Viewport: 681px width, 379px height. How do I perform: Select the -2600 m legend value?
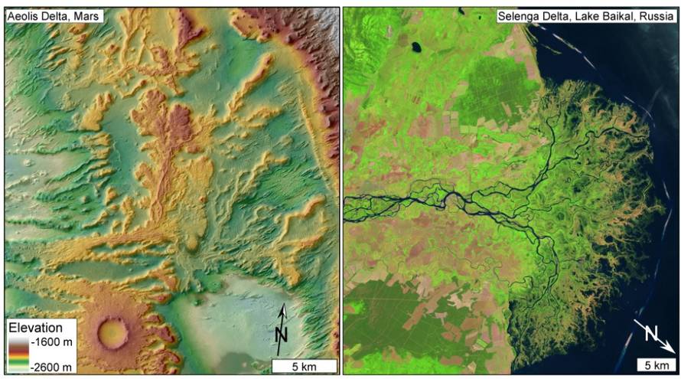(x=54, y=366)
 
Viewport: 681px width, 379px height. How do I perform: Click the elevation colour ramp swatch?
(x=18, y=354)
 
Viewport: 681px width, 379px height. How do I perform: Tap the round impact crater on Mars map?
(x=113, y=332)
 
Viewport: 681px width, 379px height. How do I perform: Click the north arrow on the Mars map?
(x=282, y=325)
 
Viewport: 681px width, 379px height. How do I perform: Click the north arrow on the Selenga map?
(x=656, y=338)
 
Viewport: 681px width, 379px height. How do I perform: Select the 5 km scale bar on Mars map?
(x=305, y=365)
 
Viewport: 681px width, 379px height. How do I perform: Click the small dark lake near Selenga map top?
(x=416, y=47)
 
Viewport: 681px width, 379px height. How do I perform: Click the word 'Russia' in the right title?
(x=655, y=16)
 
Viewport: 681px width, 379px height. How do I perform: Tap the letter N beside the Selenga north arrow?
(x=650, y=332)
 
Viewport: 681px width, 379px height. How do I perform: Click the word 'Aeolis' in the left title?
(x=23, y=15)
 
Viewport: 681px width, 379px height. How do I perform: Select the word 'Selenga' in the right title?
(x=519, y=16)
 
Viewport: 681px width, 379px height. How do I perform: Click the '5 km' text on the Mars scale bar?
(x=305, y=366)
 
